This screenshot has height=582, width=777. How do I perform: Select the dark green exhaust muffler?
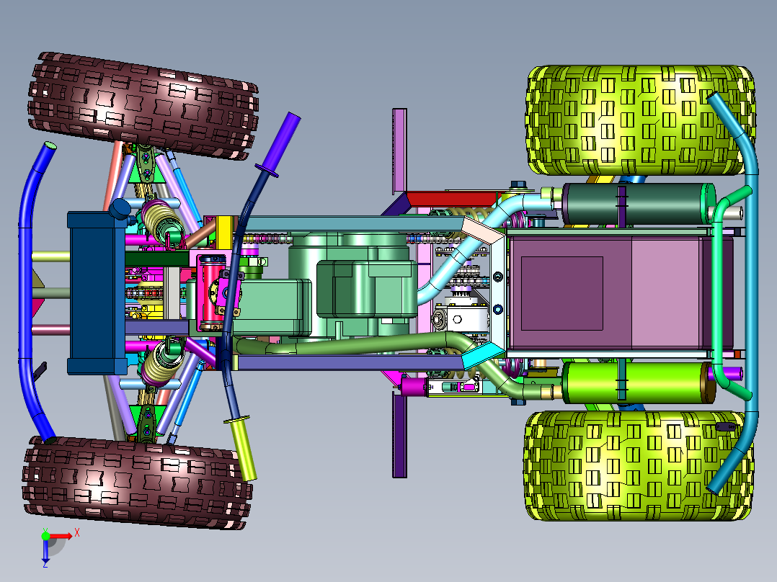639,204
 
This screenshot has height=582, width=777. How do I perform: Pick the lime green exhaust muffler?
639,382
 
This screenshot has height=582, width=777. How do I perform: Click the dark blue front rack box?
96,293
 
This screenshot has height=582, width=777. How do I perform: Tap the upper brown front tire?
143,106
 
